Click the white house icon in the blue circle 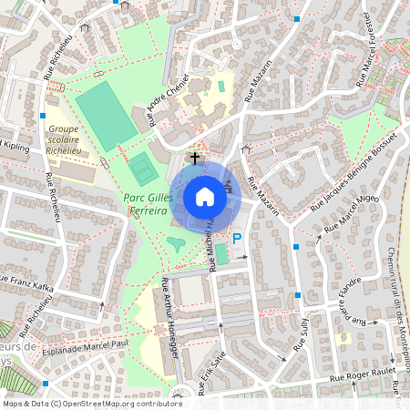pyautogui.click(x=205, y=196)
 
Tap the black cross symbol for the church pyautogui.click(x=193, y=158)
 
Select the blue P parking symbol pyautogui.click(x=236, y=239)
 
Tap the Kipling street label pyautogui.click(x=16, y=145)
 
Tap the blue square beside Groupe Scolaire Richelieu pyautogui.click(x=43, y=116)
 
